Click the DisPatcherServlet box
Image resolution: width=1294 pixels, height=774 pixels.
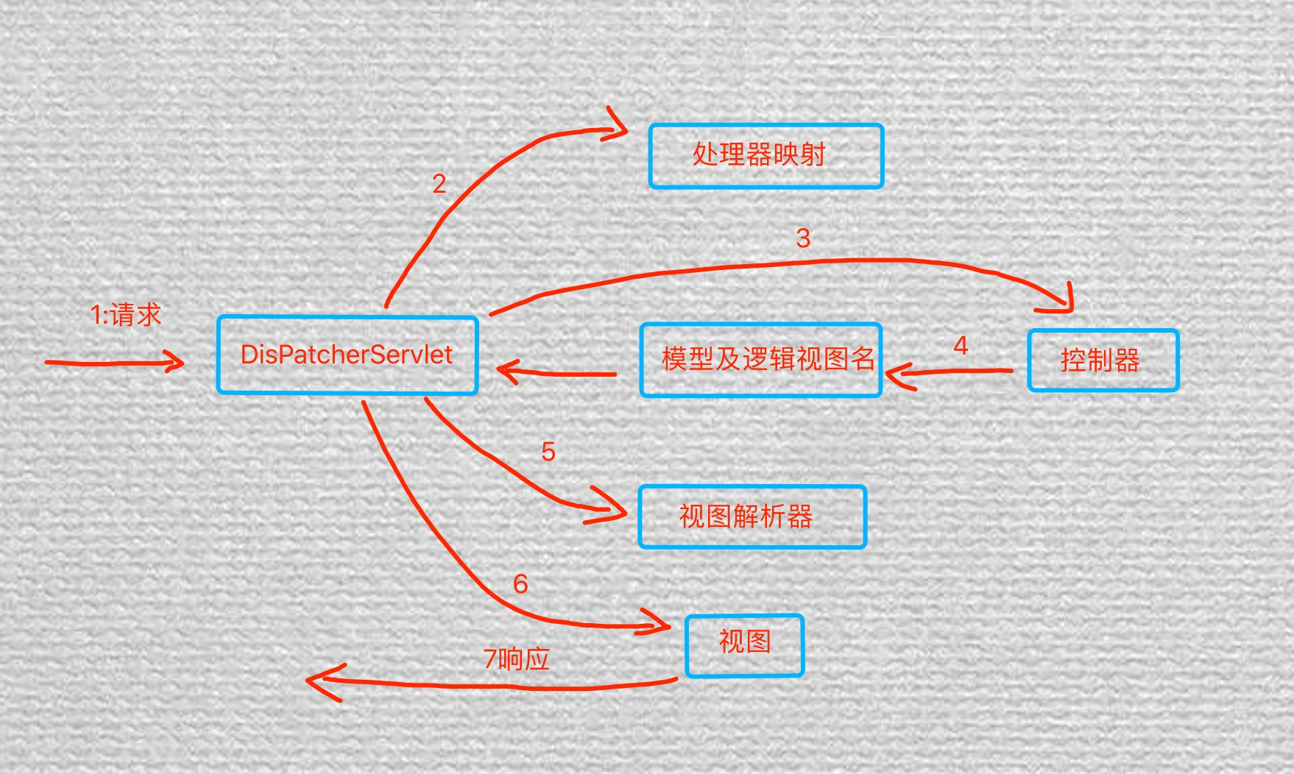pos(347,355)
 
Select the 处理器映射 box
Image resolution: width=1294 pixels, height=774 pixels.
pos(766,156)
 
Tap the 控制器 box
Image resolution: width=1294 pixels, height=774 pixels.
pos(1103,361)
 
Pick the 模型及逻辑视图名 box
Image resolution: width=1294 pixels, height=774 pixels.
pos(761,360)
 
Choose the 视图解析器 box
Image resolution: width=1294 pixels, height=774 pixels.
pos(752,516)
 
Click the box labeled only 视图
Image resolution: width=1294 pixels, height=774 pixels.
pos(744,645)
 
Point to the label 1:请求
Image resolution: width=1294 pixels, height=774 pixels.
pos(125,315)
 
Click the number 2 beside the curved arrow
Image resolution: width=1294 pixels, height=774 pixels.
pos(439,184)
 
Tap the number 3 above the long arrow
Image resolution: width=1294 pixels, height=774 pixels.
pos(803,238)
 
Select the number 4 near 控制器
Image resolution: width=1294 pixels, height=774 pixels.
pos(961,346)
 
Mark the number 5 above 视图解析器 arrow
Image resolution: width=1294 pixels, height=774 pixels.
pos(548,452)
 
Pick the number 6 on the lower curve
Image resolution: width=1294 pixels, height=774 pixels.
pos(520,584)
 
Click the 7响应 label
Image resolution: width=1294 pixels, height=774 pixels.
pos(517,659)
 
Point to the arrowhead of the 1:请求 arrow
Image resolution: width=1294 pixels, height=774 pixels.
pos(177,361)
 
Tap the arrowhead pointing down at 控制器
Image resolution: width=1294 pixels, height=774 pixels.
pos(1066,303)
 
